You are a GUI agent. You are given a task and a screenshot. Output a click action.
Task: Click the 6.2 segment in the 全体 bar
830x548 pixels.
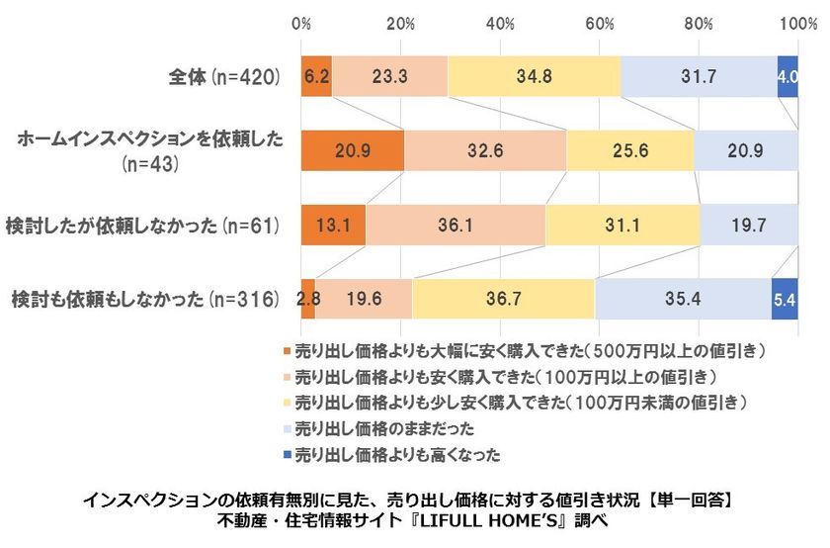click(x=317, y=75)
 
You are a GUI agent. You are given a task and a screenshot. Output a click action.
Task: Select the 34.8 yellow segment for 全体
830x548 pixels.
click(x=535, y=75)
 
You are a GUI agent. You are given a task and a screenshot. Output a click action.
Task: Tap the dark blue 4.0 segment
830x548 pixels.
click(x=788, y=75)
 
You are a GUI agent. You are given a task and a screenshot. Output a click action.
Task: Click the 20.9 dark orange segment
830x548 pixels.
click(x=353, y=150)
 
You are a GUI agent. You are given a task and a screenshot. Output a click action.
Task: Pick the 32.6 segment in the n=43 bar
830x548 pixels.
click(x=485, y=150)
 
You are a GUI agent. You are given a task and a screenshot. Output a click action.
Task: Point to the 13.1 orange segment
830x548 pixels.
click(x=334, y=225)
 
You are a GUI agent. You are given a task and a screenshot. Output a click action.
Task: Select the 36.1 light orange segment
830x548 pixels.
click(x=456, y=225)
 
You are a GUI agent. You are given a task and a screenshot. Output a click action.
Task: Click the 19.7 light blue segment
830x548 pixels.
click(x=749, y=225)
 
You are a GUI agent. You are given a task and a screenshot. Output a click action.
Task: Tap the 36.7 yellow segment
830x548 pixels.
click(x=504, y=299)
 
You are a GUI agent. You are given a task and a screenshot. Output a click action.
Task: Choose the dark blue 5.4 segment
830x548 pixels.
click(x=785, y=299)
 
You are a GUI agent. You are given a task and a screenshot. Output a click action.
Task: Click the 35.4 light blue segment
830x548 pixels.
click(x=683, y=299)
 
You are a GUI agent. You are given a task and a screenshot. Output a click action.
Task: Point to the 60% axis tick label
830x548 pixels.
click(x=600, y=23)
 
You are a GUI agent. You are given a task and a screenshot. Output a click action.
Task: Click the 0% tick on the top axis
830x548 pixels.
click(x=302, y=23)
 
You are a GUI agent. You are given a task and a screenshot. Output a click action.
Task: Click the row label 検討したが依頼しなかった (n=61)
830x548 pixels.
click(x=143, y=225)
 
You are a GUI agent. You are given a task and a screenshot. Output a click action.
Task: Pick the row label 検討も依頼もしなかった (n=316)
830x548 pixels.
click(x=143, y=299)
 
